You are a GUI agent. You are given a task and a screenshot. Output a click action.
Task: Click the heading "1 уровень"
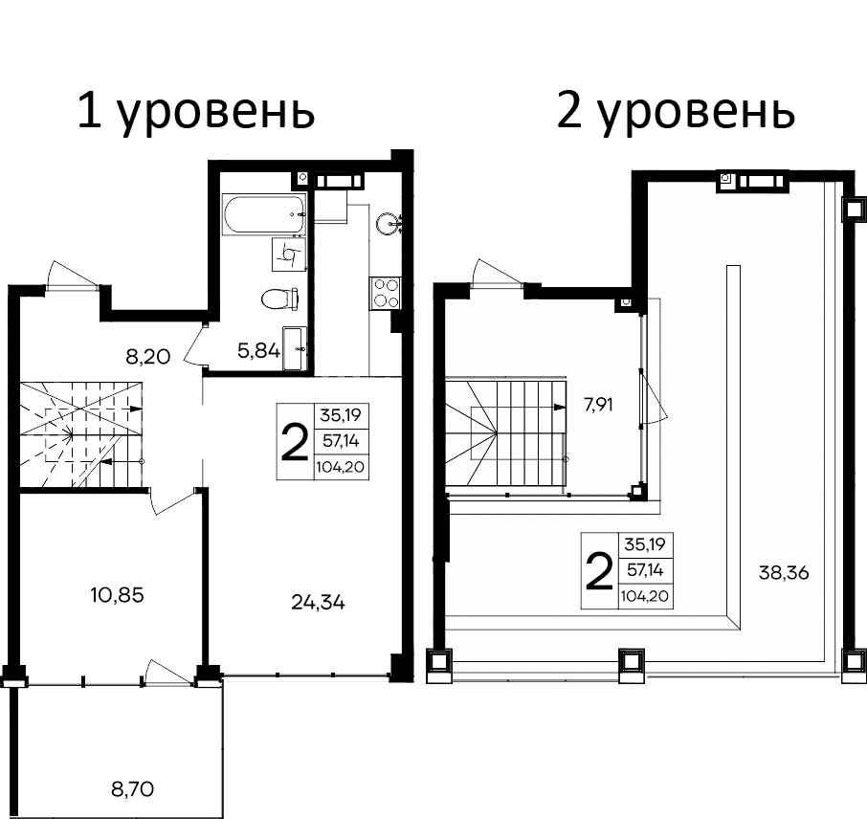click(196, 113)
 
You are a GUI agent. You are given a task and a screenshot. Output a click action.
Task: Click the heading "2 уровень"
click(675, 113)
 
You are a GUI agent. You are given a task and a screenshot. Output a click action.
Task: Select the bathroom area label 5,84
click(258, 351)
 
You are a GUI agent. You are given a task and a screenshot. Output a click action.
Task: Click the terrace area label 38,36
click(783, 573)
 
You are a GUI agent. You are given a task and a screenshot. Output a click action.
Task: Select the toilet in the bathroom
click(278, 299)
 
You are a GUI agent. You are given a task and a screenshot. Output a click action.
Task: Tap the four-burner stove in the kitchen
click(385, 292)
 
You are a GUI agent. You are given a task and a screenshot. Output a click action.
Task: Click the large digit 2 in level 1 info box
click(294, 441)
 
